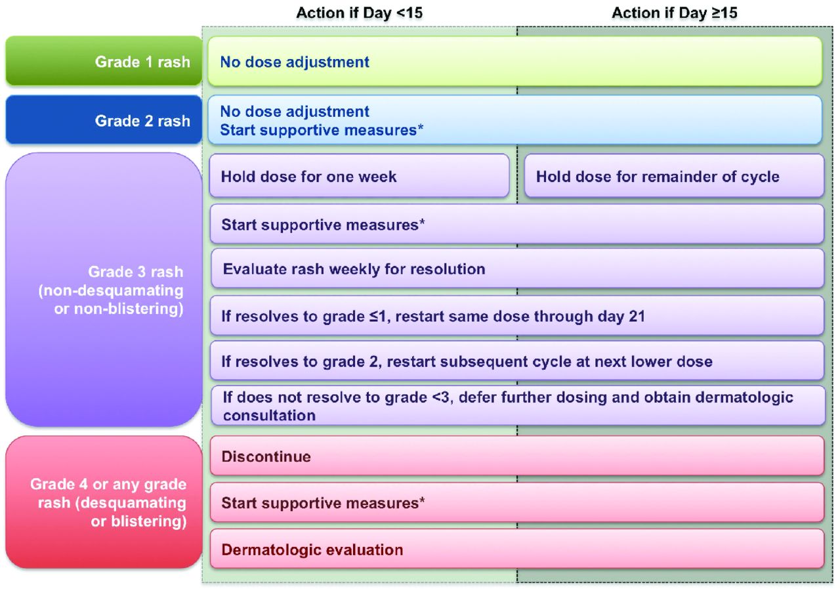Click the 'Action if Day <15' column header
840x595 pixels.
pyautogui.click(x=359, y=13)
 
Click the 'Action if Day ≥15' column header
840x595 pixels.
pyautogui.click(x=675, y=13)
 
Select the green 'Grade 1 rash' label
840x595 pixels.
pyautogui.click(x=104, y=61)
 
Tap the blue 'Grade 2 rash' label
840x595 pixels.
pyautogui.click(x=104, y=120)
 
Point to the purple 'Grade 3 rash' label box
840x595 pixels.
pyautogui.click(x=104, y=290)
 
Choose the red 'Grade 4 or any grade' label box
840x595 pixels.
pyautogui.click(x=104, y=502)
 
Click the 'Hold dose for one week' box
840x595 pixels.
pyautogui.click(x=359, y=175)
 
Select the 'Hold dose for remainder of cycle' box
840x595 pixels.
pyautogui.click(x=674, y=175)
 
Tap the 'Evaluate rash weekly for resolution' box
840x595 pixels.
pyautogui.click(x=518, y=269)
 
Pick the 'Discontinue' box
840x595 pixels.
pyautogui.click(x=517, y=456)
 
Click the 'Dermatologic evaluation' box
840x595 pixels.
pyautogui.click(x=517, y=549)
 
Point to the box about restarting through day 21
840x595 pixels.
pyautogui.click(x=517, y=315)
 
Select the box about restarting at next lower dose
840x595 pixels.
pyautogui.click(x=517, y=361)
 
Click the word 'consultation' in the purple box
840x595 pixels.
pyautogui.click(x=269, y=416)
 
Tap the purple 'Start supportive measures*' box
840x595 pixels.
pyautogui.click(x=517, y=224)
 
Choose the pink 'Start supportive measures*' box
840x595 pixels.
pyautogui.click(x=517, y=502)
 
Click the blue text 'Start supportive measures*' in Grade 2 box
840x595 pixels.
pyautogui.click(x=322, y=130)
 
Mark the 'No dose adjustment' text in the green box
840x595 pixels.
pyautogui.click(x=295, y=62)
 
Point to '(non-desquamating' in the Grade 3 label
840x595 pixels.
pyautogui.click(x=111, y=291)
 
